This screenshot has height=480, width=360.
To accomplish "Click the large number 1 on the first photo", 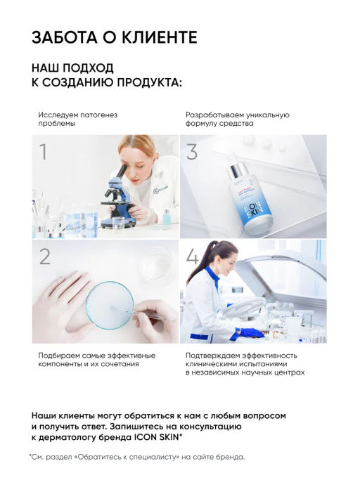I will click(44, 152).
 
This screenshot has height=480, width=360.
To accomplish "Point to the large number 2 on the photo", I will click(45, 256).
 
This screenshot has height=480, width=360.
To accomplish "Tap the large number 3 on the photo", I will click(192, 152).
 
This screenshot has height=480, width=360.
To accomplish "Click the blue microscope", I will click(116, 197).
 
